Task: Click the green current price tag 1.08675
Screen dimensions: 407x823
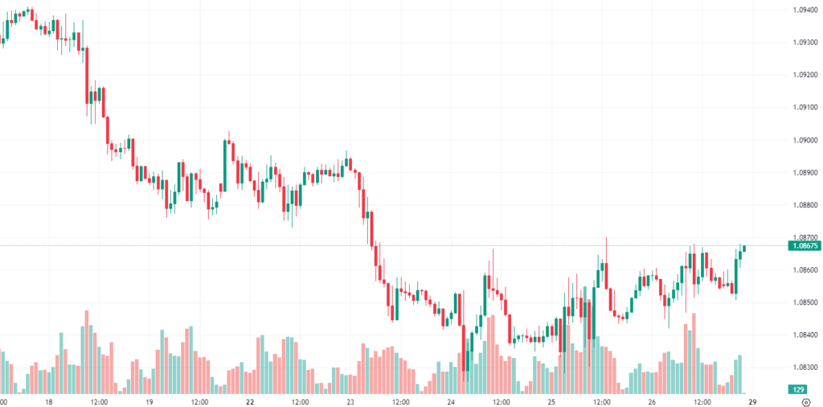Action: pyautogui.click(x=804, y=245)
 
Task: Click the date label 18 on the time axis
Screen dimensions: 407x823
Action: pyautogui.click(x=49, y=401)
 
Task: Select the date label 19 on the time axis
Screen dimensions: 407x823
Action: pyautogui.click(x=149, y=401)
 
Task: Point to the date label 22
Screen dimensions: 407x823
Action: pyautogui.click(x=250, y=401)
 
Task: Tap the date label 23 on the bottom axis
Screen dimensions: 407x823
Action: pyautogui.click(x=350, y=401)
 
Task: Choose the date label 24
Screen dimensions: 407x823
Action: pyautogui.click(x=451, y=401)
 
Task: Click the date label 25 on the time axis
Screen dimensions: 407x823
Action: pyautogui.click(x=551, y=401)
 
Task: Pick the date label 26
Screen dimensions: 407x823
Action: pyautogui.click(x=652, y=401)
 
